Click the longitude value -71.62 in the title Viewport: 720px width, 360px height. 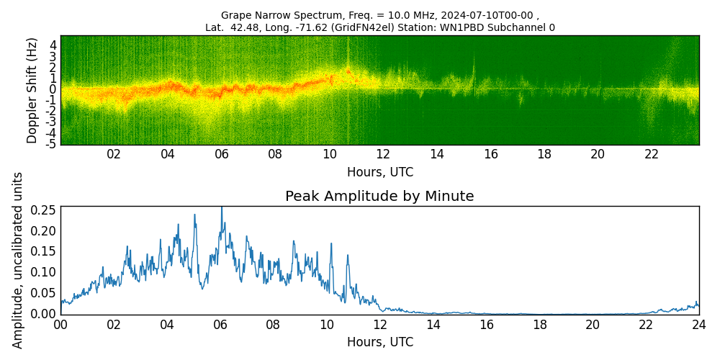pos(319,28)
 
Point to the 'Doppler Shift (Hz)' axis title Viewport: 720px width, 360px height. pos(32,90)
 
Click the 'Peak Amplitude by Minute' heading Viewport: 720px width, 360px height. pos(379,197)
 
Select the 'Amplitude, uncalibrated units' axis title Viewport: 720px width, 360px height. pos(18,260)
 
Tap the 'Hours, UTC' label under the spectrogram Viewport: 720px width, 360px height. pos(379,173)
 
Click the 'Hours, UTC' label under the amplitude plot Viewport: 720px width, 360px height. pos(379,342)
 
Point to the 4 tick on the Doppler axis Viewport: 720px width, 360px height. pos(53,45)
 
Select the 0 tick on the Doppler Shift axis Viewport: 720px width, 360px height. pos(53,89)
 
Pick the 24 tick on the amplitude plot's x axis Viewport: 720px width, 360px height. pos(698,325)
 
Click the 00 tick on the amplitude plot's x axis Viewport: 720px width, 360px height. pos(60,325)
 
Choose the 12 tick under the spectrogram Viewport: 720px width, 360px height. pos(383,154)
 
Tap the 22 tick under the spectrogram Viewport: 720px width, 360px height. pos(652,154)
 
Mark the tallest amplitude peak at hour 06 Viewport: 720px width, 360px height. pos(221,208)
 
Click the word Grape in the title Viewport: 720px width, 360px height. pos(235,15)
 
